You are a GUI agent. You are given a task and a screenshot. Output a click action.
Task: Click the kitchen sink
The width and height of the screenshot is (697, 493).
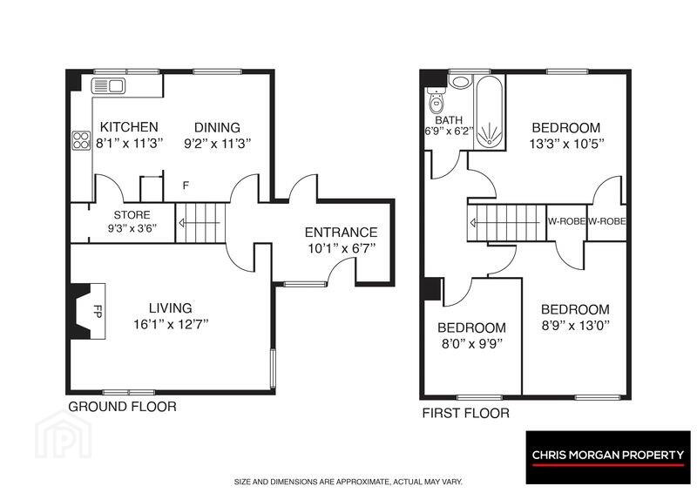coord(108,85)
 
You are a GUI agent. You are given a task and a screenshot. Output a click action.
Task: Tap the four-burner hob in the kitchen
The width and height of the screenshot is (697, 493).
coord(81,140)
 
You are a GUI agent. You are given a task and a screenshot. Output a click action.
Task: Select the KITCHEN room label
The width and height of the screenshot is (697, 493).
coord(129,127)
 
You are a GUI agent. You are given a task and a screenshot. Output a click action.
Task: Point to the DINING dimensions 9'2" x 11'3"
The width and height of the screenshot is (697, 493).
coord(217,144)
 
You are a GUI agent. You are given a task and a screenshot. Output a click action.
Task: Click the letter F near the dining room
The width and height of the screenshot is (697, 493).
coord(186,186)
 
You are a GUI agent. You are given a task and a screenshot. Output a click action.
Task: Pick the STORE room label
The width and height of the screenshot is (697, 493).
coord(132,215)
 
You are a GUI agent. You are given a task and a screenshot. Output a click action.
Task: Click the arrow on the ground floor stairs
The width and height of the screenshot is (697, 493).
coord(200,223)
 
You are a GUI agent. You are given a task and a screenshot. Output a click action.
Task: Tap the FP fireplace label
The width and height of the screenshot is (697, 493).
coord(98,311)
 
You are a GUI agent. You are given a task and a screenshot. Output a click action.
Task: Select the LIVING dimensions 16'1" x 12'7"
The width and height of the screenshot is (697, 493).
coord(171,324)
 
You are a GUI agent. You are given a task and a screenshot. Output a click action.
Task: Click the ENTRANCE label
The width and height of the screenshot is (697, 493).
coord(341,233)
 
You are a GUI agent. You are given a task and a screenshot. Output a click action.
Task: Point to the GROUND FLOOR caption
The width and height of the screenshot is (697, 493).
coord(122,407)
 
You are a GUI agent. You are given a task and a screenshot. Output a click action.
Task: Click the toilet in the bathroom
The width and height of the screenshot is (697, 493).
coord(436,100)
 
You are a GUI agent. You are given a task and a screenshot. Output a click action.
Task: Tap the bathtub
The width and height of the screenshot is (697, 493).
coord(489,111)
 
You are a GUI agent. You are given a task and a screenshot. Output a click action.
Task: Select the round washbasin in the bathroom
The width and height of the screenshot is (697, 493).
coord(460,81)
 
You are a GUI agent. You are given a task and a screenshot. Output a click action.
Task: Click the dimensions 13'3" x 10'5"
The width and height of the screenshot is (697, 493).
coord(565,144)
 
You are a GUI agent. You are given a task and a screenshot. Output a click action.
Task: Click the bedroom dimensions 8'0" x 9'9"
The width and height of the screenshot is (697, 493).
coord(471,344)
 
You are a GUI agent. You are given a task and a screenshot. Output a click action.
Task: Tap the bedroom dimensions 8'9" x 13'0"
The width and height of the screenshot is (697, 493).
coord(575,326)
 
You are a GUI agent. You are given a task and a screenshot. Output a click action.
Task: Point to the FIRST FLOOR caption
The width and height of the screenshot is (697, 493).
coord(466,414)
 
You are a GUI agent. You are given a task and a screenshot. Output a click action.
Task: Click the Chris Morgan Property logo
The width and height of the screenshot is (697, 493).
coord(608,457)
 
